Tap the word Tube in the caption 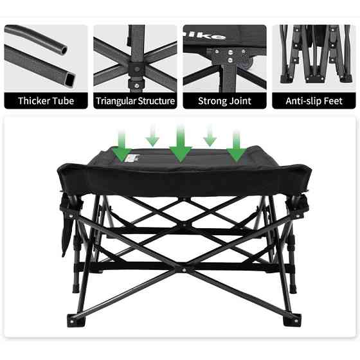63,101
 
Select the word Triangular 116,101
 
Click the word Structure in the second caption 156,101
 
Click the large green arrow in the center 181,145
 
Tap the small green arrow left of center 152,136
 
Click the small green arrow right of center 210,136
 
